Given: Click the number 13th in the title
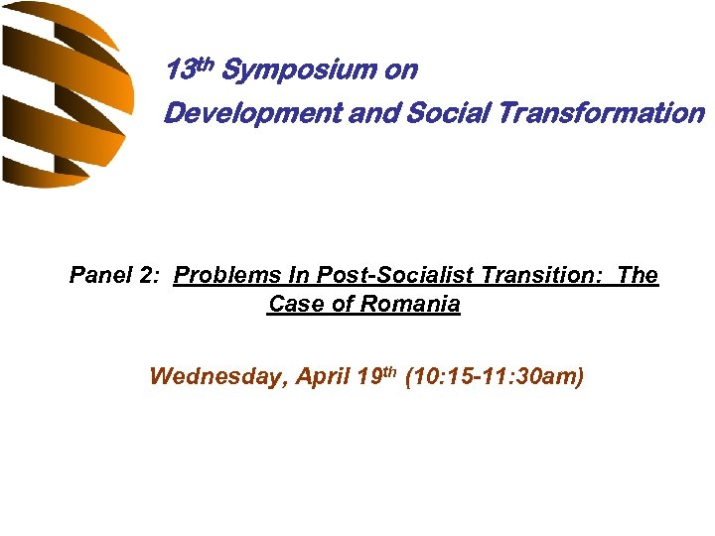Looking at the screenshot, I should coord(189,70).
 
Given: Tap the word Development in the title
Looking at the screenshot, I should coord(253,114).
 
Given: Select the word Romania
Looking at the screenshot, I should coord(410,305).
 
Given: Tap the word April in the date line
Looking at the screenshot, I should coord(319,377).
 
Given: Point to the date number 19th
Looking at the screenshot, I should coord(375,376).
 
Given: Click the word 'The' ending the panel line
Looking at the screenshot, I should coord(638,276).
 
